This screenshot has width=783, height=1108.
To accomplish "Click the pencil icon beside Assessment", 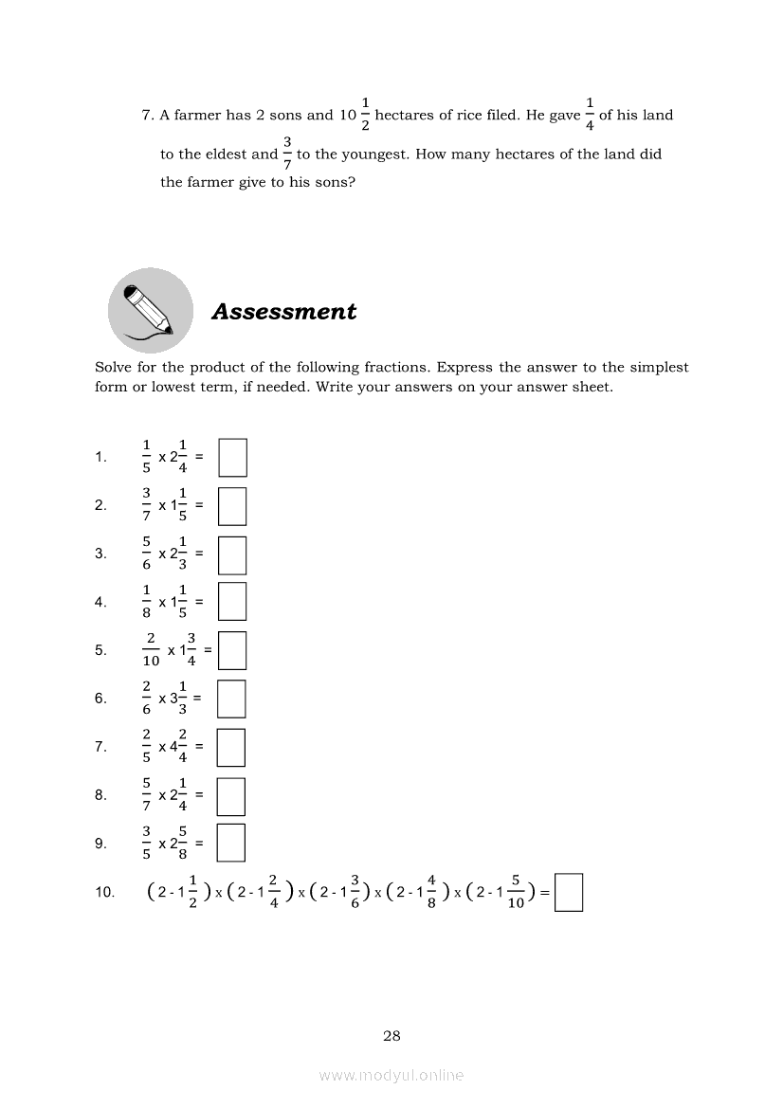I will pos(150,309).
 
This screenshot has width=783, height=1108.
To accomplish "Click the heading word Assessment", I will pos(283,312).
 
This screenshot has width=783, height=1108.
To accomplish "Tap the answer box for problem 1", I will pos(232,457).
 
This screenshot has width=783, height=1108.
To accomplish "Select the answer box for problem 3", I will pos(232,554).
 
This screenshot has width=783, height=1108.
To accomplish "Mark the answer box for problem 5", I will pos(232,651).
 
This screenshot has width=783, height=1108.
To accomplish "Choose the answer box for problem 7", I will pos(231,747).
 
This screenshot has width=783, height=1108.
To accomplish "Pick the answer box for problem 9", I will pos(231,843).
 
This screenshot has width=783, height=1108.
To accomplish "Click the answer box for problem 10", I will pos(568,892).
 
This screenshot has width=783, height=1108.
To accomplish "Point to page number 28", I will pos(391,1036).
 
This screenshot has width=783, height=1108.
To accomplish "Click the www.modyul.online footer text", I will pos(391,1075).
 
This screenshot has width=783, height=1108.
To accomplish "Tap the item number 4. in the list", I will pos(100,602).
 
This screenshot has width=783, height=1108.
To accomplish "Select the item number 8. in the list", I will pos(100,795).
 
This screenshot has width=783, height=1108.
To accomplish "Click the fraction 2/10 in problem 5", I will pos(151,651).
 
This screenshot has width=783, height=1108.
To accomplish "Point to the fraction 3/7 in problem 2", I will pos(146,505).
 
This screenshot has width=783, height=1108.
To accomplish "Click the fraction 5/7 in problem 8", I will pos(146,795).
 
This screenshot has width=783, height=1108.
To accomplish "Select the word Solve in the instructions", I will pos(113,368).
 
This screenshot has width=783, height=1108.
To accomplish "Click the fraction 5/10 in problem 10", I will pos(517,892).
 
